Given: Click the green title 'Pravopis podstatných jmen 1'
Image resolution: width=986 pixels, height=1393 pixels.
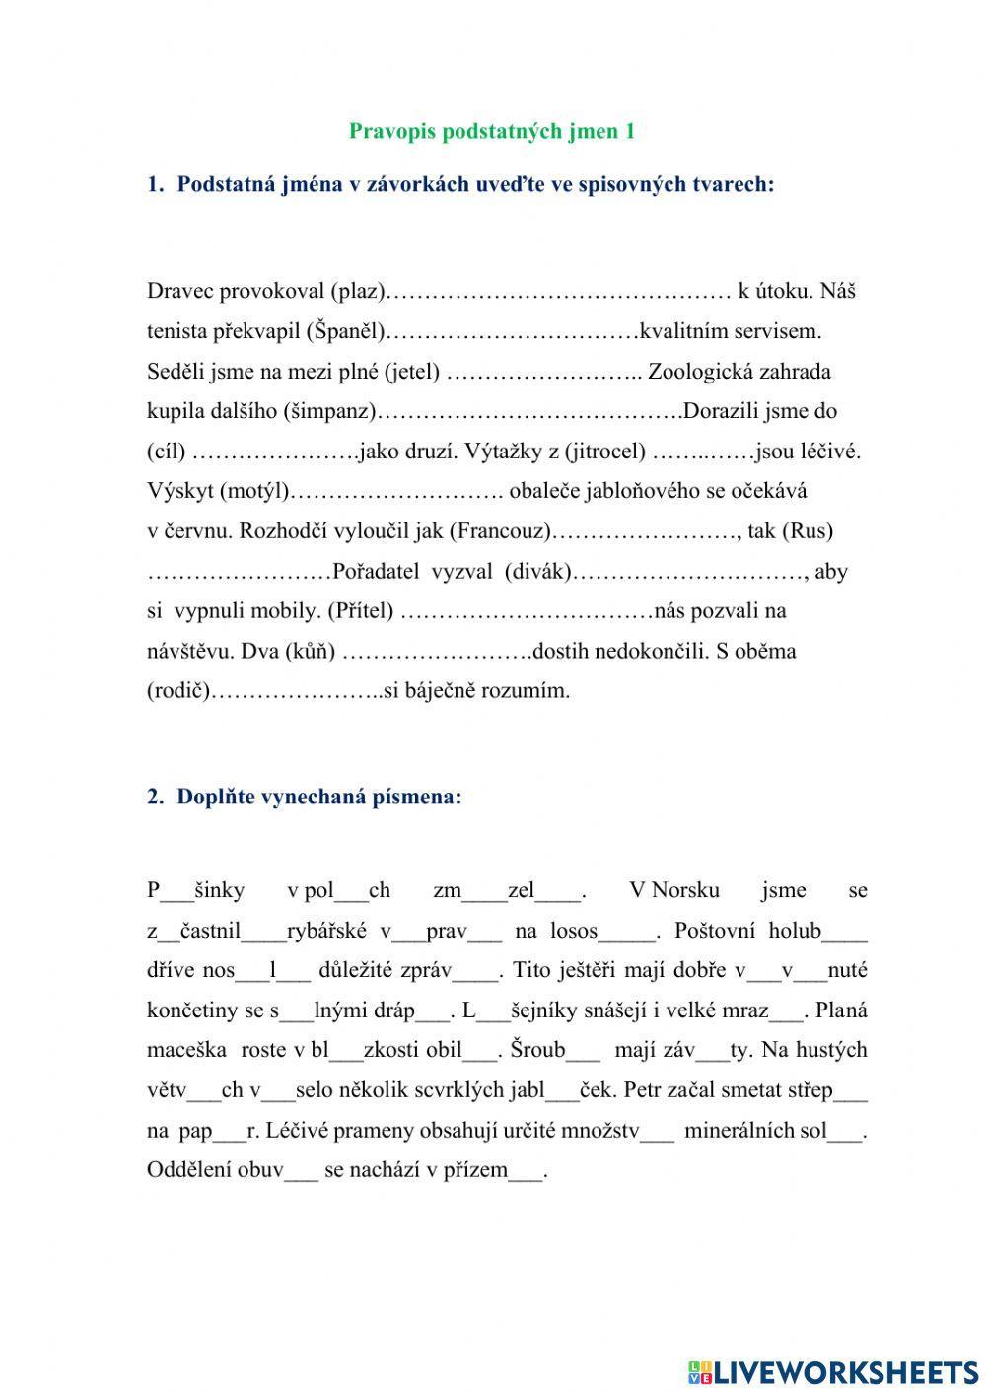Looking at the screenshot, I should tap(492, 131).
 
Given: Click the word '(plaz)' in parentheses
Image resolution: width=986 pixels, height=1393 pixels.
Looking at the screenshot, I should tap(357, 291).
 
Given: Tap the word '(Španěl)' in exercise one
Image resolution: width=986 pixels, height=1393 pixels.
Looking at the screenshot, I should tap(346, 331).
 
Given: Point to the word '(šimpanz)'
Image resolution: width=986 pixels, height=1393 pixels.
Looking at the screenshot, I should tap(329, 411).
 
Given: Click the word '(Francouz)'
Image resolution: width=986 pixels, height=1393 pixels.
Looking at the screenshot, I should tap(501, 531).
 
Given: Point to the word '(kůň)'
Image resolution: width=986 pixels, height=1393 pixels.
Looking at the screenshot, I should tap(310, 652).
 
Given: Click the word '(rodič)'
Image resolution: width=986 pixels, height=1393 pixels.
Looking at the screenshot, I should tap(179, 691).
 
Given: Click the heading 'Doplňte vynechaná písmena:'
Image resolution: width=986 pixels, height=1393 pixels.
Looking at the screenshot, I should tap(318, 797).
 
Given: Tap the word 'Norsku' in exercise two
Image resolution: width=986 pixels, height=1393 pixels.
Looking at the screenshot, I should tap(685, 891).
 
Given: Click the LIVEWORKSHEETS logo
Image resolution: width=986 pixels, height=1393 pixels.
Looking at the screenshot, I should tap(834, 1372).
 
